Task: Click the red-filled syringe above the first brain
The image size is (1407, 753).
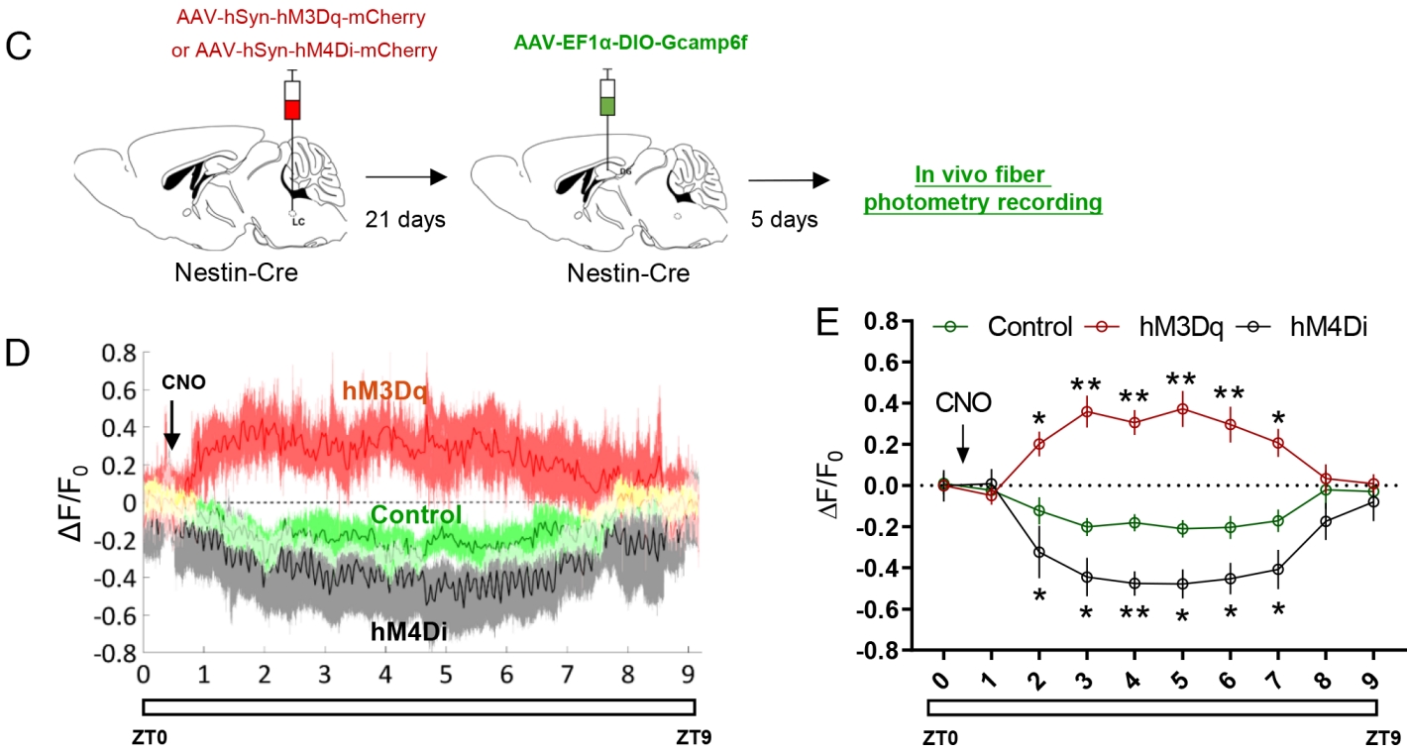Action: pos(291,100)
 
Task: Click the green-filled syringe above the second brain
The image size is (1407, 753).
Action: pos(607,97)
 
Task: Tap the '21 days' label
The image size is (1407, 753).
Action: pos(405,219)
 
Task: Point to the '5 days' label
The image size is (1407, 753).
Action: pos(785,219)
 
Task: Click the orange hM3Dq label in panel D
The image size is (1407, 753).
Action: pos(385,392)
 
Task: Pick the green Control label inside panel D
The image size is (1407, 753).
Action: pos(416,515)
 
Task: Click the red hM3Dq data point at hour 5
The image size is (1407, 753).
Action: pos(1182,408)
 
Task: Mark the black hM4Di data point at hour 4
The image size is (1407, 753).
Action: pos(1135,583)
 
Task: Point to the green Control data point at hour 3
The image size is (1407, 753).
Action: pos(1087,526)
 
